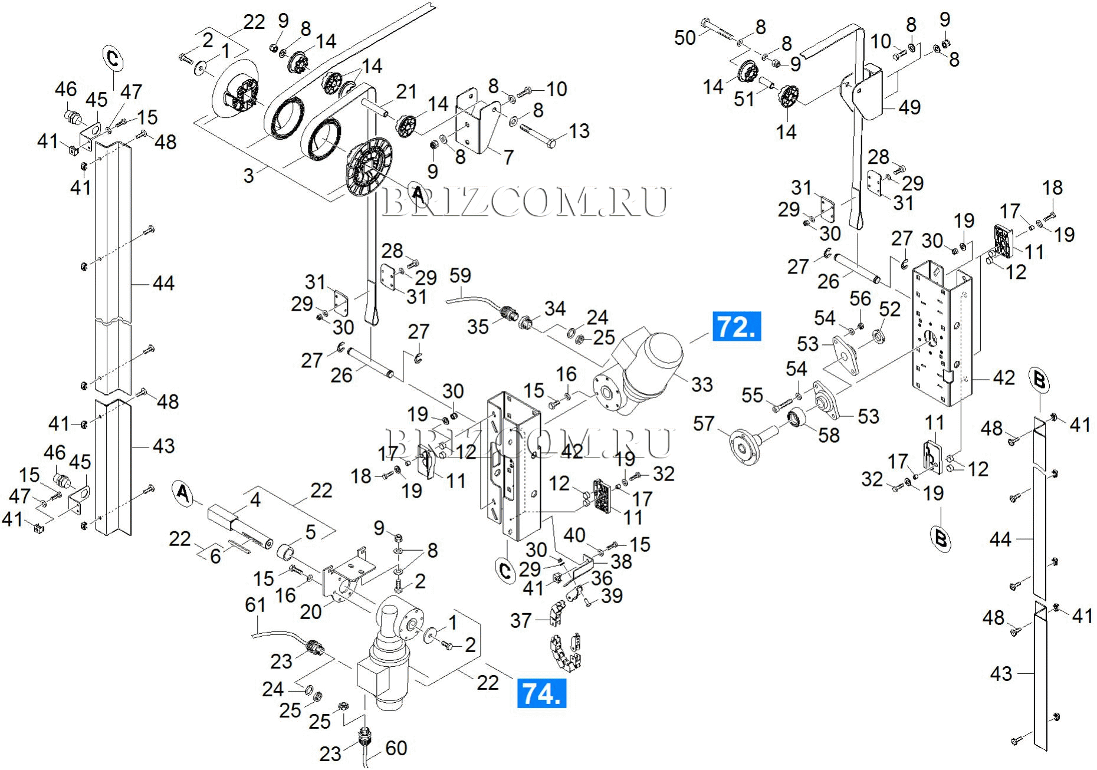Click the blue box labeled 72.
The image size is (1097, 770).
pos(737,326)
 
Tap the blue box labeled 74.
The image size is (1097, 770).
pos(541,693)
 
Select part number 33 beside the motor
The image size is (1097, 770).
pos(702,384)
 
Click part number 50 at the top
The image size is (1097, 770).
pos(685,38)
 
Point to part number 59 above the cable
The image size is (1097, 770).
pos(460,275)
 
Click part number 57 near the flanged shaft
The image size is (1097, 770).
pos(704,423)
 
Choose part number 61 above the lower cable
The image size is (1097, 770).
pos(255,605)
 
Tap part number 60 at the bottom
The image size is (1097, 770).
pos(396,748)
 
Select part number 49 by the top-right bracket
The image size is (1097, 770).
pos(909,107)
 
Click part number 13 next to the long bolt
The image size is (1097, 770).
pos(579,130)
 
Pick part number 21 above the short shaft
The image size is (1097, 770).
pos(406,91)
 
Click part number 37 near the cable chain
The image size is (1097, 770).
pos(521,620)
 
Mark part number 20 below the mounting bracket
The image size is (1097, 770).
pos(310,611)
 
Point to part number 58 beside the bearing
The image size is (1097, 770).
pos(829,435)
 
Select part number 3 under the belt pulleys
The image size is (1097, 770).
pos(248,175)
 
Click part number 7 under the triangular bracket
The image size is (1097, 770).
pos(508,157)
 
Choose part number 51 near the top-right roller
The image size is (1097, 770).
pos(744,98)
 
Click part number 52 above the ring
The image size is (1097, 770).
pos(889,309)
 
